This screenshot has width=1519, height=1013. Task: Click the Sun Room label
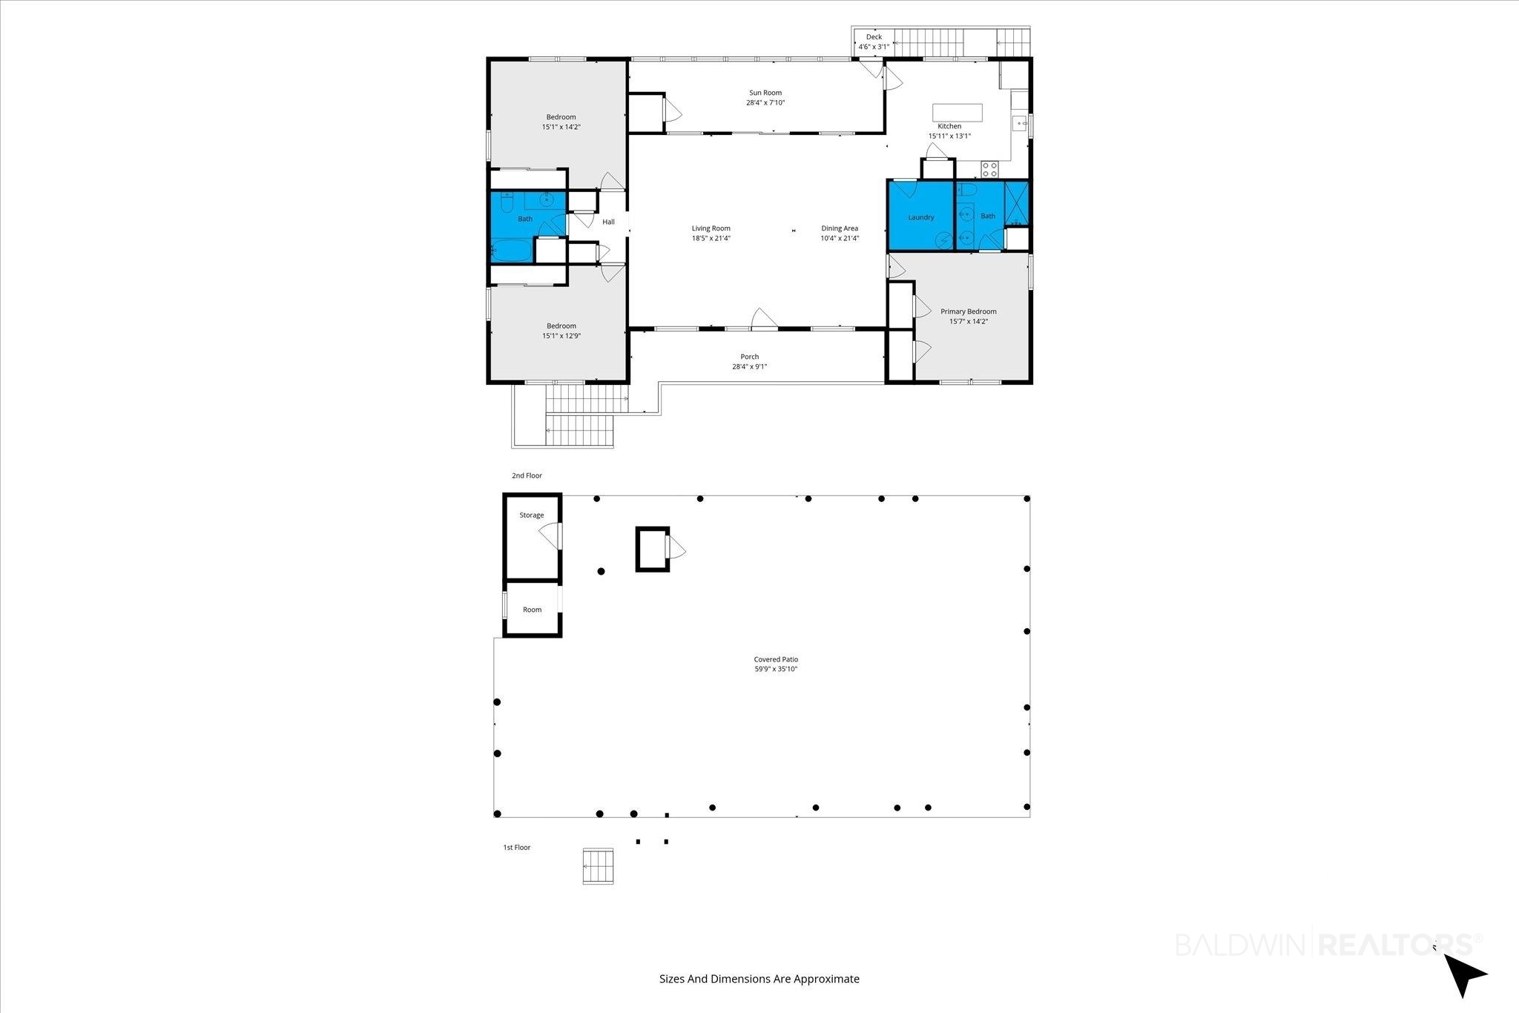pos(765,93)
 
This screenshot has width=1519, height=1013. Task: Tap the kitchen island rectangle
pos(958,112)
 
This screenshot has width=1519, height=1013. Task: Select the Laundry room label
pos(921,217)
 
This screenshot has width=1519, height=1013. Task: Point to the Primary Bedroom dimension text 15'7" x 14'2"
pos(969,321)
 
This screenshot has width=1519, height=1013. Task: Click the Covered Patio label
pos(776,659)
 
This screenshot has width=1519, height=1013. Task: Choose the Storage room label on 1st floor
pos(532,515)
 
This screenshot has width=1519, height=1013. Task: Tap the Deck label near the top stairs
pos(874,36)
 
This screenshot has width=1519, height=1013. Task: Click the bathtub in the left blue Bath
pos(511,251)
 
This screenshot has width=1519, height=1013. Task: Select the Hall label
pos(608,222)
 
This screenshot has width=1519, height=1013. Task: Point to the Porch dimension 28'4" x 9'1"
pos(750,366)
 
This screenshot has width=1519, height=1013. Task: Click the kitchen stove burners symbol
pos(990,169)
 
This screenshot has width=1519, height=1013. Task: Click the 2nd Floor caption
pos(527,475)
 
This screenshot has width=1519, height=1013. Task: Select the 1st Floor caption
pos(517,847)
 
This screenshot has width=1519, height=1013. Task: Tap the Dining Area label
pos(840,228)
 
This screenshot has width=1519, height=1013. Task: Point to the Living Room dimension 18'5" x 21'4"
pos(711,238)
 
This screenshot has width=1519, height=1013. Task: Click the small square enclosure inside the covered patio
pos(653,549)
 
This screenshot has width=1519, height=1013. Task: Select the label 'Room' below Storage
pos(533,610)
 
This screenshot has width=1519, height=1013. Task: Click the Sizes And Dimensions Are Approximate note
pos(759,979)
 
